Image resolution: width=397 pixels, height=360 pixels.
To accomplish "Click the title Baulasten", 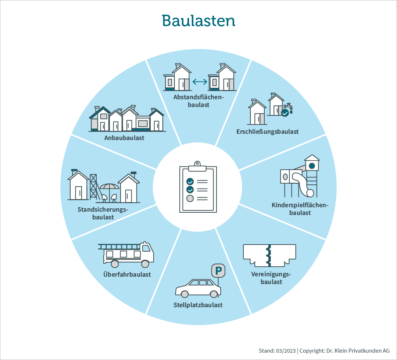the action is [198, 21].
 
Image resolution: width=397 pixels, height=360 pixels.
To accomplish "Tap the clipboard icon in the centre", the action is [198, 187].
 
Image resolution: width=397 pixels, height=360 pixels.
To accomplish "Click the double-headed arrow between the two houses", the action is [200, 82].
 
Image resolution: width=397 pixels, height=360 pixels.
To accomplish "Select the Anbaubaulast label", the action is [124, 138].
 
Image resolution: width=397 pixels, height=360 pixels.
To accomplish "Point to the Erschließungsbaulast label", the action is [267, 132].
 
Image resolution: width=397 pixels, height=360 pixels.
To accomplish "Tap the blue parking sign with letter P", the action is [218, 270].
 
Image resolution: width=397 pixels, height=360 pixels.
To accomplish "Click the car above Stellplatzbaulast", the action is [198, 288].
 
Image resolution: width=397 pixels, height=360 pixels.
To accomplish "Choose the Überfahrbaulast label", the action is [127, 274].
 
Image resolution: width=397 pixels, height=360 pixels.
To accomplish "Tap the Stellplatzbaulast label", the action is [198, 305].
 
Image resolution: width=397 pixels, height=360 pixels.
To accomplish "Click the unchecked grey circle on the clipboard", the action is [190, 198].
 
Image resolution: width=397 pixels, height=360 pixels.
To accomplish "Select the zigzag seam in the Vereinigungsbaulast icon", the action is [269, 256].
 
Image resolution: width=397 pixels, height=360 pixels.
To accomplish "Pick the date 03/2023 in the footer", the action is [286, 351].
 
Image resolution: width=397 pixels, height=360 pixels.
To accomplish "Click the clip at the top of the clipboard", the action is [197, 166].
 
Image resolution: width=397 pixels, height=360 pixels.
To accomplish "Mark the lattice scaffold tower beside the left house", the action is [93, 187].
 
